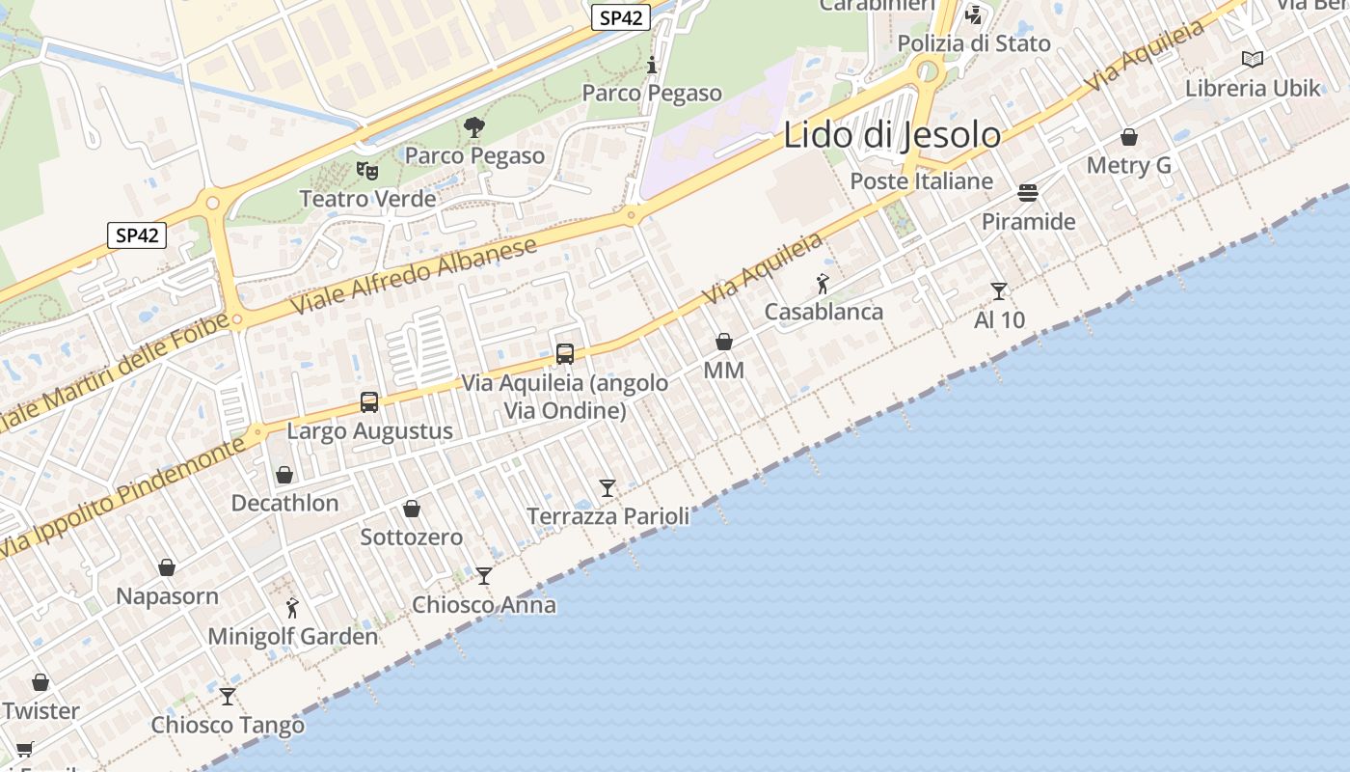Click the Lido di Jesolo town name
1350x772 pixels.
tap(892, 135)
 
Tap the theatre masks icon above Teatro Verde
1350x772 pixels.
tap(366, 171)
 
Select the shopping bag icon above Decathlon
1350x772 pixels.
tap(284, 475)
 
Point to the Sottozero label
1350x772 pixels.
tap(412, 537)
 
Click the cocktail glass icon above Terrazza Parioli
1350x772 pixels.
tap(607, 488)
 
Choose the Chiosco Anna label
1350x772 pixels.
tap(484, 605)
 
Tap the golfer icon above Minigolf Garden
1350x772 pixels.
tap(293, 608)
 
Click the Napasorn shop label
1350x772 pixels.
tap(167, 595)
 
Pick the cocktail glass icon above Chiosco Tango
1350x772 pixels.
tap(228, 696)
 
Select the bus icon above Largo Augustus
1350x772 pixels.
tap(369, 402)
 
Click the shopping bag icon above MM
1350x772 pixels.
tap(724, 342)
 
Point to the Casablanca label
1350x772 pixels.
tap(823, 312)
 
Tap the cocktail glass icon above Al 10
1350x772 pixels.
tap(999, 290)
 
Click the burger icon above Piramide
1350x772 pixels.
tap(1028, 193)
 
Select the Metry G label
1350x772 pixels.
tap(1128, 165)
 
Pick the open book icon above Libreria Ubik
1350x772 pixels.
tap(1253, 60)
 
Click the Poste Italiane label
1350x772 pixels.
tap(921, 181)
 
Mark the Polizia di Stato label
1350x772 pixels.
tap(974, 43)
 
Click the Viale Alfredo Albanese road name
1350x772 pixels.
tap(414, 277)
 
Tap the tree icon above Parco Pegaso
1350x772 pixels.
tap(474, 126)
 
